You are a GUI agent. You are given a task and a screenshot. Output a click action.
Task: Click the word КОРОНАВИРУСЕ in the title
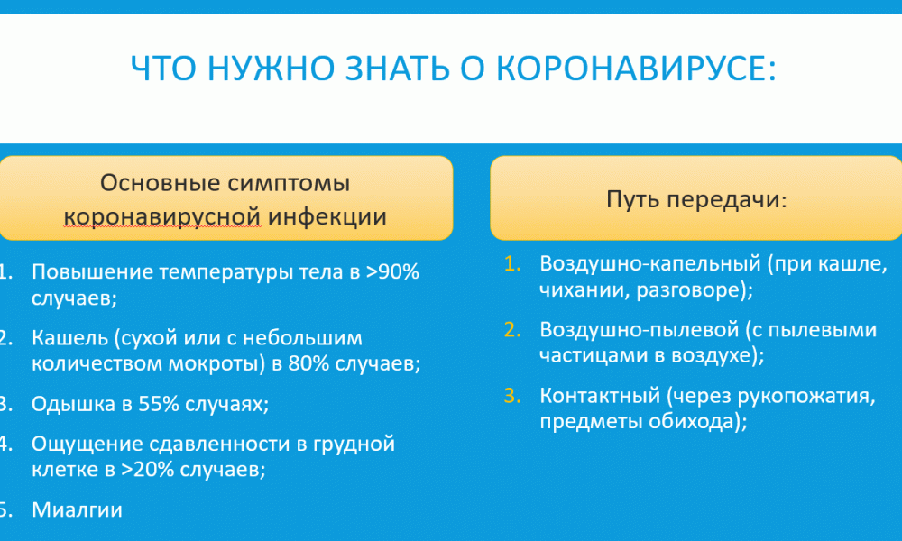click(x=636, y=68)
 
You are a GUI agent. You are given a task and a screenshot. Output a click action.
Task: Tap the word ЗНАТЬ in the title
click(x=398, y=68)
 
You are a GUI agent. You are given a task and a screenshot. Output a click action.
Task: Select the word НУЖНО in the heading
click(x=271, y=68)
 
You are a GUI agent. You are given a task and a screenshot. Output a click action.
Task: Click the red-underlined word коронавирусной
click(x=162, y=216)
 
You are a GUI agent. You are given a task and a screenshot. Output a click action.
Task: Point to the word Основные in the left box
click(x=160, y=183)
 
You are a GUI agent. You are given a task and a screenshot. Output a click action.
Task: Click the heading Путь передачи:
click(x=696, y=199)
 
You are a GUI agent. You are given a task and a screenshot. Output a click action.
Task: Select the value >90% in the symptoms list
click(x=392, y=271)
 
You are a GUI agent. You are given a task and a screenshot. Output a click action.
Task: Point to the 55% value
click(x=159, y=404)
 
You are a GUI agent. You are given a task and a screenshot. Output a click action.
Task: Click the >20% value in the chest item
click(x=147, y=470)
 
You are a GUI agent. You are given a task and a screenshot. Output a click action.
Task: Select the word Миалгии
click(x=77, y=510)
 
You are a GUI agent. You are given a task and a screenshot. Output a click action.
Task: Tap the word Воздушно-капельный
click(x=650, y=263)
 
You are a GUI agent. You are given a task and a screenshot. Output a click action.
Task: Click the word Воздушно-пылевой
click(x=640, y=329)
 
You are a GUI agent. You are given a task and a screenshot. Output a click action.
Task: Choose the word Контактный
click(x=600, y=396)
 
